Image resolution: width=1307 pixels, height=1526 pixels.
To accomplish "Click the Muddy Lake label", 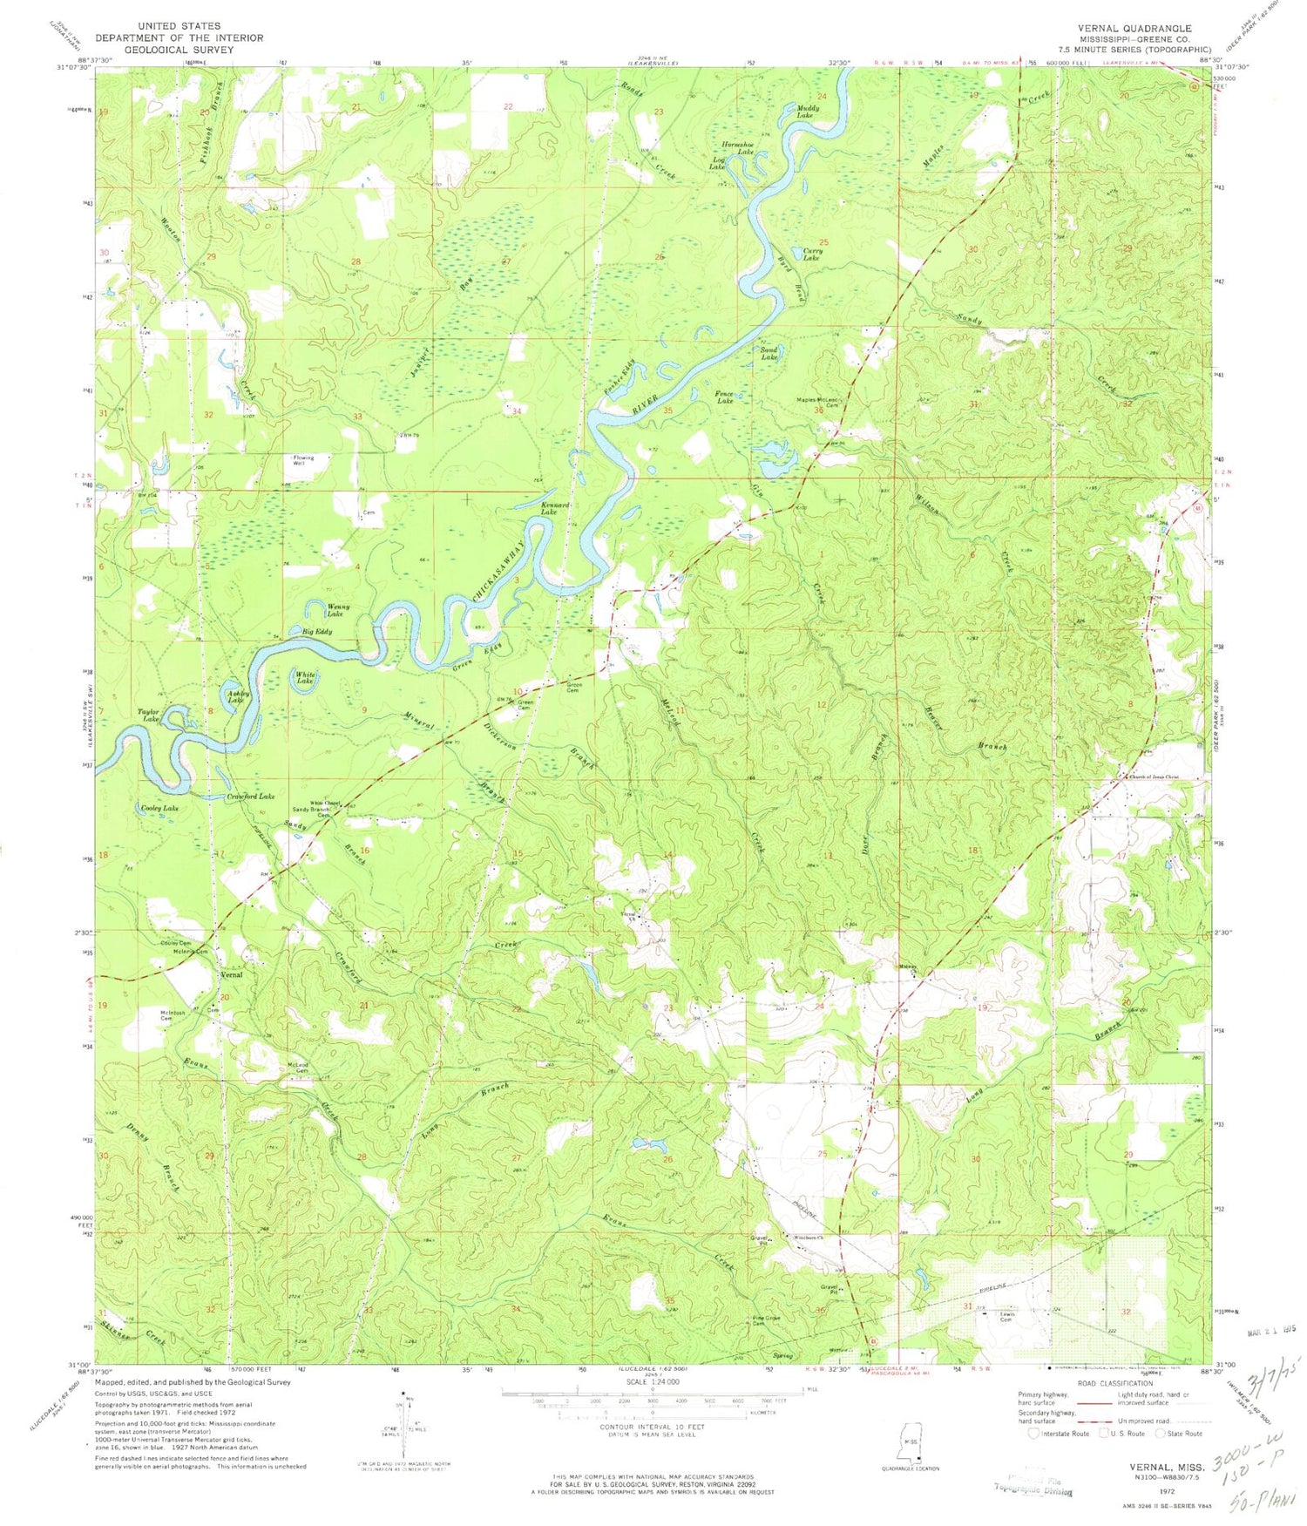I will coord(804,111).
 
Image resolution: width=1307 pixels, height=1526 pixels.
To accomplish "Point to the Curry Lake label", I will coord(810,254).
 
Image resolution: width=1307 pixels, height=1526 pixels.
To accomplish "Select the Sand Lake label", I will coord(769,354).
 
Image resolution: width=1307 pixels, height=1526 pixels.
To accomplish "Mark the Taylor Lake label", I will coord(148,715).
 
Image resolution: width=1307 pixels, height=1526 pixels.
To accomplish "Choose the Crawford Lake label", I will coord(251,797).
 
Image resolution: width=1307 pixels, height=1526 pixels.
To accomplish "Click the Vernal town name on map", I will coord(231,974).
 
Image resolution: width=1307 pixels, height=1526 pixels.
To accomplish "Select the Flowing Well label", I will coord(303,461).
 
